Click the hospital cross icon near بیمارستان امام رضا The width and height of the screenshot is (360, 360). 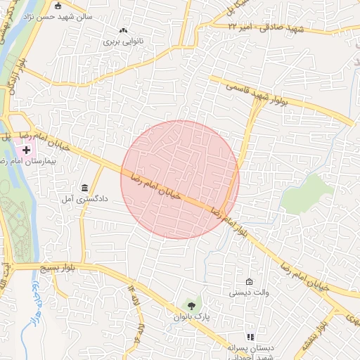27,150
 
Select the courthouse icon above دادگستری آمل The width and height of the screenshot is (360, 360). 85,188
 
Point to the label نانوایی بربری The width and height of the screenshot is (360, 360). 123,41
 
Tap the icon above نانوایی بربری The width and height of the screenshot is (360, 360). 124,30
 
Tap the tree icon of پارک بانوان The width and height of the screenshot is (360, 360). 191,305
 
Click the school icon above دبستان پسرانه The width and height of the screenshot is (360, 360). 249,337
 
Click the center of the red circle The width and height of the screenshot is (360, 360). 180,179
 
